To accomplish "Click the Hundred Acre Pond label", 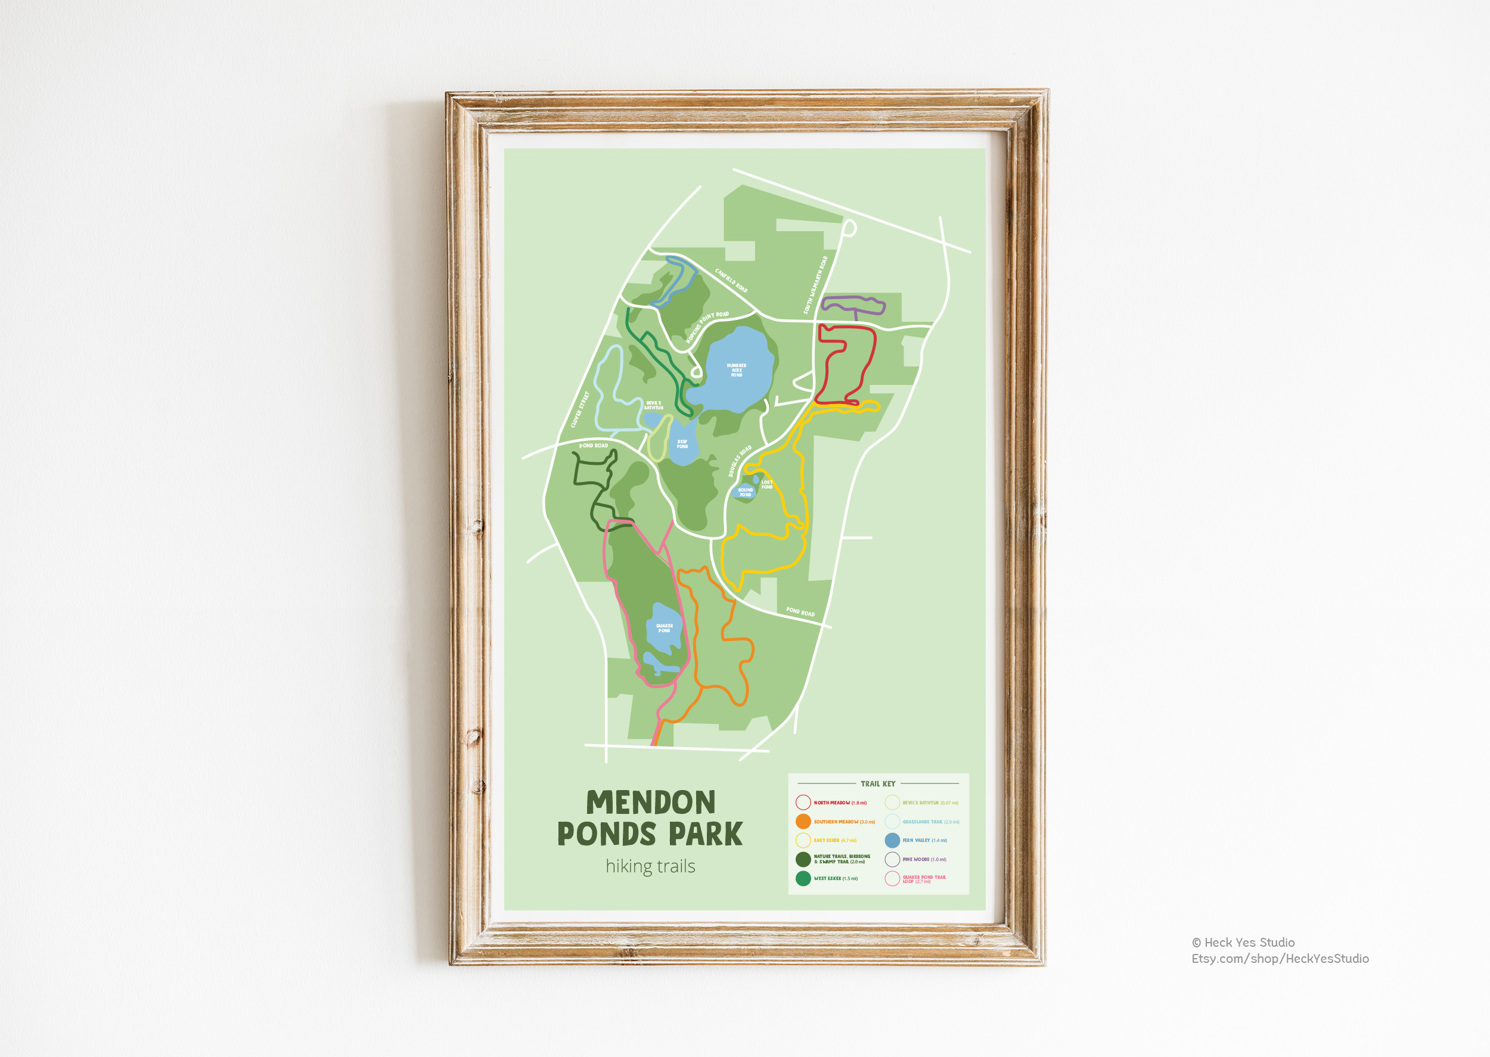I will tap(736, 371).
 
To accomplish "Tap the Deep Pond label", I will tap(682, 444).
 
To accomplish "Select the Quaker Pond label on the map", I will tap(664, 628).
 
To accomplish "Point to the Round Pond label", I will tap(746, 492).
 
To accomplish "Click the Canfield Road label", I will tap(731, 281).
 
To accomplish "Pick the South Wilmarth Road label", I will tap(815, 285).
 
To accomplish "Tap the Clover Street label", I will tap(579, 409).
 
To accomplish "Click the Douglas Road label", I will tap(740, 461).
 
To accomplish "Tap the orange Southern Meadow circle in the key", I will tap(803, 822).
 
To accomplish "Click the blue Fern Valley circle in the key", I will tap(892, 840).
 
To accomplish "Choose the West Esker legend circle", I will tap(803, 879).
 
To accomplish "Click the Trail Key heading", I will tap(878, 784).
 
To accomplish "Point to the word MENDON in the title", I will tap(650, 803).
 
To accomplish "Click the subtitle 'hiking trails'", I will tap(650, 866).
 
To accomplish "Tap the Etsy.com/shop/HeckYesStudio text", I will tap(1280, 959).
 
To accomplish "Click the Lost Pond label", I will tap(767, 484).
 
